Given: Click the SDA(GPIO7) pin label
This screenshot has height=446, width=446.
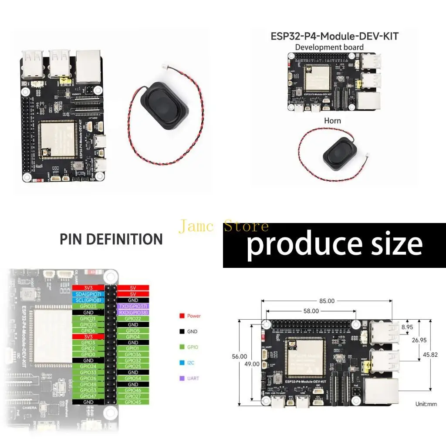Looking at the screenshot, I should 88,294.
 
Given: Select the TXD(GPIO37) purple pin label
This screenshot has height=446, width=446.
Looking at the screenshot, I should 133,306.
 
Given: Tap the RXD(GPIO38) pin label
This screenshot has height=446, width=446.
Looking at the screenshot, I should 133,312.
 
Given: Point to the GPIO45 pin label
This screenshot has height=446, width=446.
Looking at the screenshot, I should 133,402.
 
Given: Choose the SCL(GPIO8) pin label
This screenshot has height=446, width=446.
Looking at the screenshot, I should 88,300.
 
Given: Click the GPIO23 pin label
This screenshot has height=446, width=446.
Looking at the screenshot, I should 88,306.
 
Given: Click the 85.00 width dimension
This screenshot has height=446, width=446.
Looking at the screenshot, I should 327,301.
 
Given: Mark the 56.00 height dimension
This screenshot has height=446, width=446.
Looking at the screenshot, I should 240,356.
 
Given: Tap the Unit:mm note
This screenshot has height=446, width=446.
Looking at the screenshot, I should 426,404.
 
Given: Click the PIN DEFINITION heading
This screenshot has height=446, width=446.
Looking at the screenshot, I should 111,239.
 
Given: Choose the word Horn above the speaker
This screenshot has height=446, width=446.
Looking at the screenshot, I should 332,120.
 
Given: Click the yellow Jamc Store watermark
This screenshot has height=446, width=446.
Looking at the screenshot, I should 223,226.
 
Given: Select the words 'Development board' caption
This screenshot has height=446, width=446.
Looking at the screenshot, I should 329,47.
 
